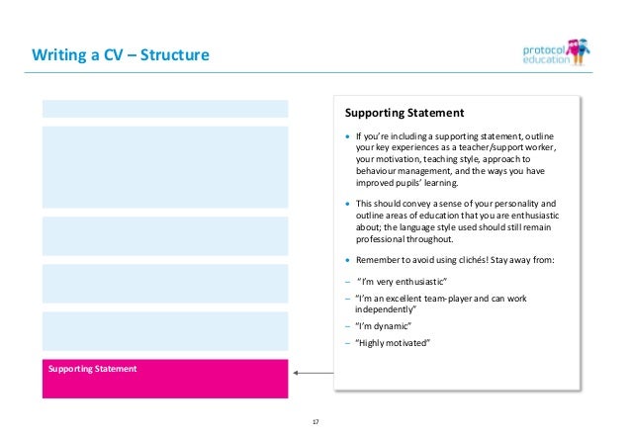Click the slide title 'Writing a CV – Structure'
click(x=120, y=54)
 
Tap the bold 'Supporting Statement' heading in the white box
click(x=404, y=113)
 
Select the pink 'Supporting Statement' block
click(x=164, y=378)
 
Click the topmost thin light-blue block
click(x=164, y=109)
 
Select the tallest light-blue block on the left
click(x=164, y=167)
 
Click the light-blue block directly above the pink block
click(x=164, y=331)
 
